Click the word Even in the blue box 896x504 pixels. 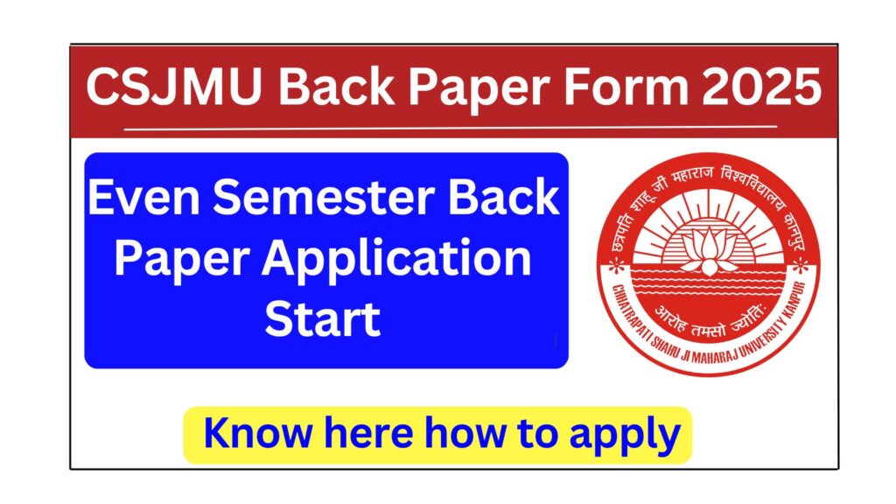[143, 200]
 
